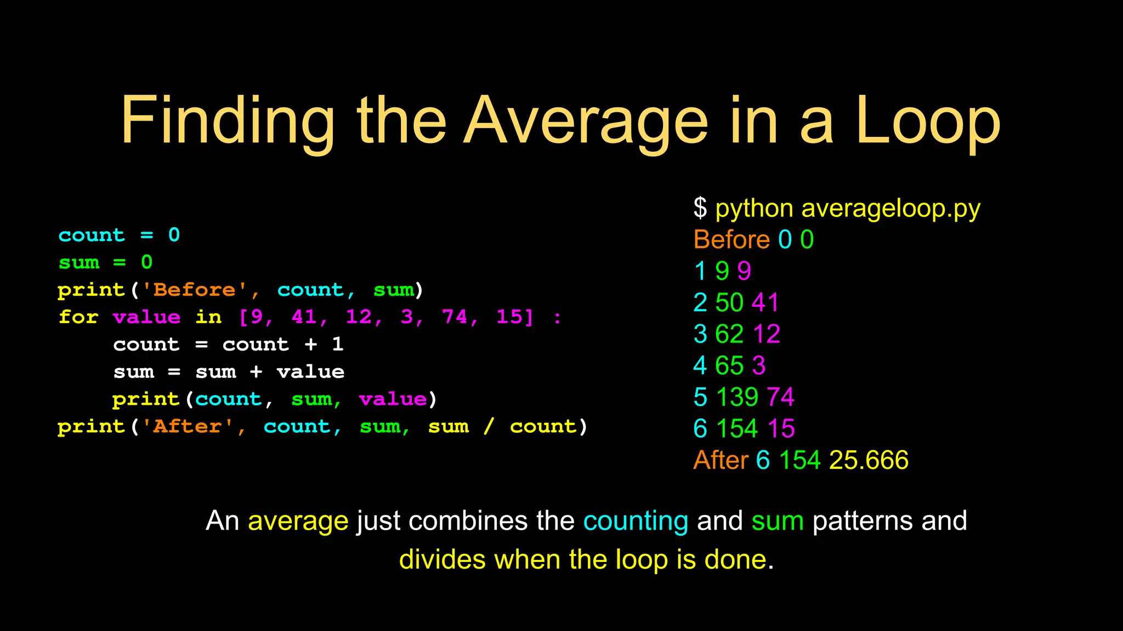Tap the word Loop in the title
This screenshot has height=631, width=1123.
pos(928,122)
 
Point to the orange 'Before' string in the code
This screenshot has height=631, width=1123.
pos(195,289)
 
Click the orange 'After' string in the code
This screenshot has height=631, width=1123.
pos(188,426)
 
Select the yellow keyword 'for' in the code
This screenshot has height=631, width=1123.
pos(78,317)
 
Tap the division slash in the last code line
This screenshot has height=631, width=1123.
pos(489,426)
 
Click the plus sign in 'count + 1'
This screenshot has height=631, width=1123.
pos(311,344)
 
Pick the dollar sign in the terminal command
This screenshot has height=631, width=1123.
pos(700,208)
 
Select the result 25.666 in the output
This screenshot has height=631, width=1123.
pos(869,460)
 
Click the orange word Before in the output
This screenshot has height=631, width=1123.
pos(731,239)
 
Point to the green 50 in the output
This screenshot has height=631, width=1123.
pos(729,302)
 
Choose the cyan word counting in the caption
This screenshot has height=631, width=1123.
pos(636,521)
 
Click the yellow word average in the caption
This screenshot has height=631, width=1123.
pos(298,521)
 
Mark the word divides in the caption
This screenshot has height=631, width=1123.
pos(442,560)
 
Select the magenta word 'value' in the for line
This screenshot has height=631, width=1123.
pos(146,317)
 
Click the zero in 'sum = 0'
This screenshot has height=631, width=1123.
pos(146,262)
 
